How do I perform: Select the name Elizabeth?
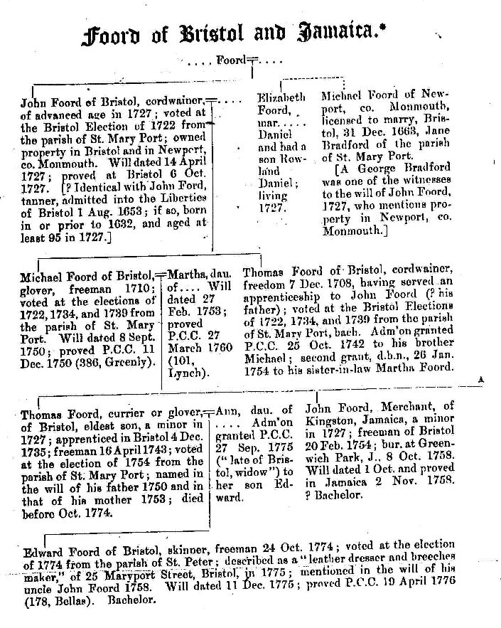click(281, 96)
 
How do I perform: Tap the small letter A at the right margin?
click(480, 380)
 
